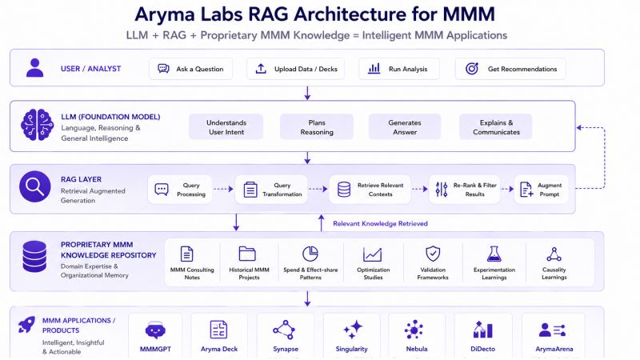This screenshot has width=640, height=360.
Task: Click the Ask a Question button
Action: [x=190, y=69]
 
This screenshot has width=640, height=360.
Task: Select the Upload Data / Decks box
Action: [x=295, y=69]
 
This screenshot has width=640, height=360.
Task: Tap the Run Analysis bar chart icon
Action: [x=374, y=69]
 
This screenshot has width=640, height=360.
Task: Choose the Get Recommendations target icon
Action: [x=472, y=69]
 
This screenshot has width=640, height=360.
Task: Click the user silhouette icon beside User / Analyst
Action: [x=34, y=68]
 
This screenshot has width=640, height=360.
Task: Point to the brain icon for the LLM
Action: [x=37, y=125]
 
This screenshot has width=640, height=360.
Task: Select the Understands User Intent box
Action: [x=226, y=127]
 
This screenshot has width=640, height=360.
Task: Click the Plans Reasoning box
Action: [x=317, y=127]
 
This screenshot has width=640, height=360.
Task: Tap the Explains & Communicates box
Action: [x=496, y=127]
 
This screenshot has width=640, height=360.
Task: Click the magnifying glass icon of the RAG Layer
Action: [x=35, y=186]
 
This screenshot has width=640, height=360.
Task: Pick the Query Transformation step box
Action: [x=271, y=190]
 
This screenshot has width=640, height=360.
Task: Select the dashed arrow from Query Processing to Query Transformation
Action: [x=223, y=189]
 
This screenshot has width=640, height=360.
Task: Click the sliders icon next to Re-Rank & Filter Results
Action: [x=442, y=190]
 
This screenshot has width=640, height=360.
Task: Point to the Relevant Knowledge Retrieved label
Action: [x=381, y=224]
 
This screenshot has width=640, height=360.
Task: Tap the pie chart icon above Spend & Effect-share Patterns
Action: [x=310, y=254]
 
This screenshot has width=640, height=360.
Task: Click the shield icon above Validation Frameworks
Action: [x=433, y=254]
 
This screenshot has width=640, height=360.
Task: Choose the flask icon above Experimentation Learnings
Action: [x=494, y=254]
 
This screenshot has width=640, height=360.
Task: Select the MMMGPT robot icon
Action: [x=155, y=330]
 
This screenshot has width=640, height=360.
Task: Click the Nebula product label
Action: [x=417, y=349]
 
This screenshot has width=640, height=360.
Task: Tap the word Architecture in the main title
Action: [x=350, y=14]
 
